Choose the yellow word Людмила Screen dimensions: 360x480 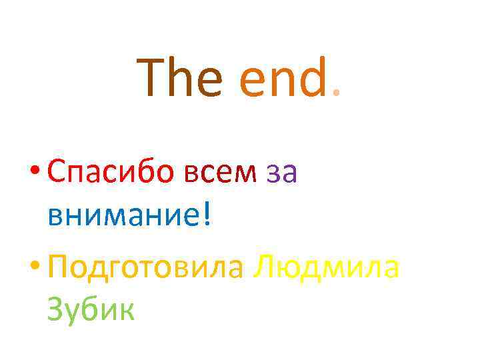[x=326, y=267]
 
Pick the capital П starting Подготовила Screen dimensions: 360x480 [x=59, y=267]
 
